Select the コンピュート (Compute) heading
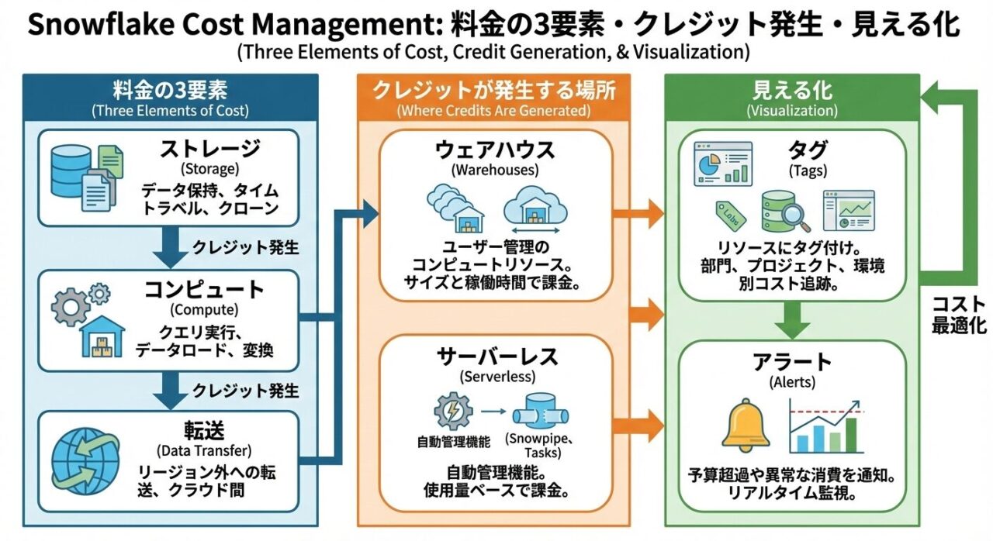(205, 290)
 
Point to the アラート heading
(792, 360)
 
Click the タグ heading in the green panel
(792, 150)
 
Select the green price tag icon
(729, 213)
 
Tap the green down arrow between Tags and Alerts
(792, 319)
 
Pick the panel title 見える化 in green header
(792, 90)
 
